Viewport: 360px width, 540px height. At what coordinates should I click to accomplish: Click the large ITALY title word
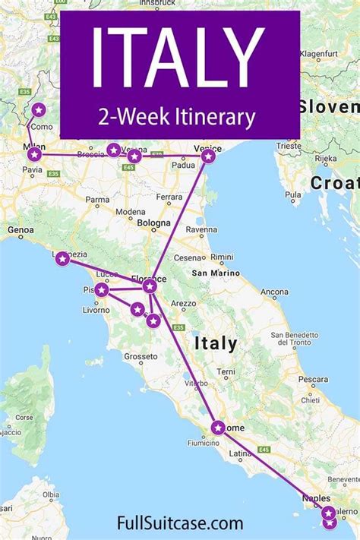pos(178,57)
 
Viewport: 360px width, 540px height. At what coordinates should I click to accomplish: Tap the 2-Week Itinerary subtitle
pos(180,116)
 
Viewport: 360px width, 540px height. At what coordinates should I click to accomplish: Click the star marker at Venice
pos(207,156)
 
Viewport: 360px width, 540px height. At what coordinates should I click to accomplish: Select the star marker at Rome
pos(218,428)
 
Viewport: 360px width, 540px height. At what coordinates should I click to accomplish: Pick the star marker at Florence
pos(150,286)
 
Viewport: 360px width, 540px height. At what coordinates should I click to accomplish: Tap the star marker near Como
pos(39,110)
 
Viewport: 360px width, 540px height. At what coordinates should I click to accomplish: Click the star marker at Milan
pos(34,154)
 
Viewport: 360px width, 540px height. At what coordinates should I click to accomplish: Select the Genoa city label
pos(21,229)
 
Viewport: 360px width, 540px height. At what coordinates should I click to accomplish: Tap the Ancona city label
pos(274,291)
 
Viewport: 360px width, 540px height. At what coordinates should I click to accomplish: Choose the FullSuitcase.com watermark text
pos(181,523)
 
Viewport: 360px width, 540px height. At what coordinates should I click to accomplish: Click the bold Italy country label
pos(215,343)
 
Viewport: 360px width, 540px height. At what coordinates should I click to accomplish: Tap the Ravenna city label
pos(201,229)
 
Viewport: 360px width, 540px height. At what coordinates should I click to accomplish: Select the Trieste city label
pos(289,144)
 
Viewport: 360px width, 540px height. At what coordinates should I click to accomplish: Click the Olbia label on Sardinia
pos(51,494)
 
